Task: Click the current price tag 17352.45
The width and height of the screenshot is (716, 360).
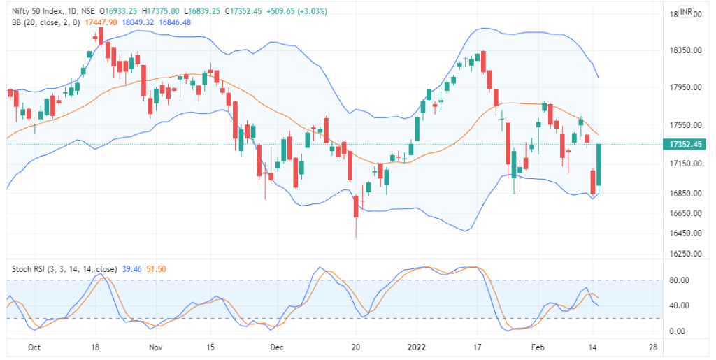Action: [x=685, y=145]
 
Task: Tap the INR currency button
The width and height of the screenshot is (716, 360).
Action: [x=685, y=13]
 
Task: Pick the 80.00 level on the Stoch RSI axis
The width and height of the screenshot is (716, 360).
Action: [x=680, y=280]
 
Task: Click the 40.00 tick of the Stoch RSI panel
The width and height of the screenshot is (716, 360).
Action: [x=680, y=305]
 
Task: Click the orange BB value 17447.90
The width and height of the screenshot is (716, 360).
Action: [x=101, y=22]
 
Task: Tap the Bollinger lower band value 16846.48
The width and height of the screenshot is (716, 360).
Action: [x=176, y=22]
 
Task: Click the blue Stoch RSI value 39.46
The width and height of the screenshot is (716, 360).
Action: [x=131, y=268]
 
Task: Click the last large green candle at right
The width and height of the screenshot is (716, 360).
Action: [x=599, y=165]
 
